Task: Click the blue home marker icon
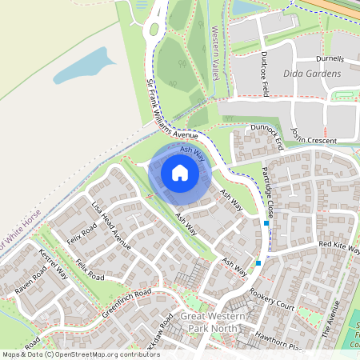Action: click(180, 173)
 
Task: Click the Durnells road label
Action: click(330, 59)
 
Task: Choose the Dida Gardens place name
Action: click(312, 73)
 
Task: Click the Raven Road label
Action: click(31, 281)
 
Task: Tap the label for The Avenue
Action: click(332, 319)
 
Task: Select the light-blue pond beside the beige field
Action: click(84, 66)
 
